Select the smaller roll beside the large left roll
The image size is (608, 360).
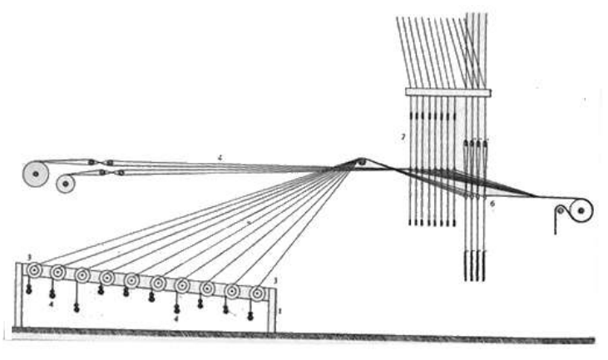[x=66, y=184]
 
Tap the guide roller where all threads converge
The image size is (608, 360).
[x=361, y=161]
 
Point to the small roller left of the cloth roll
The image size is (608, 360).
[x=559, y=210]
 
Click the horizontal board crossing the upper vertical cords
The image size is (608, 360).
[x=447, y=91]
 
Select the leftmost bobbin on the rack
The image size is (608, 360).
[x=34, y=270]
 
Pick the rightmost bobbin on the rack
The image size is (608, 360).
[x=258, y=293]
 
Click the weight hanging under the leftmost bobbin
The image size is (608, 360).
[x=29, y=290]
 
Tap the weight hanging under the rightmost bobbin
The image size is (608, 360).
[x=250, y=316]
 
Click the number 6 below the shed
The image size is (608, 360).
[x=492, y=203]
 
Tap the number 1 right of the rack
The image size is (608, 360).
[x=280, y=311]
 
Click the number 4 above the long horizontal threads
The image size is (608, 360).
[x=220, y=156]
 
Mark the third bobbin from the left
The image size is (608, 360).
[x=83, y=275]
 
